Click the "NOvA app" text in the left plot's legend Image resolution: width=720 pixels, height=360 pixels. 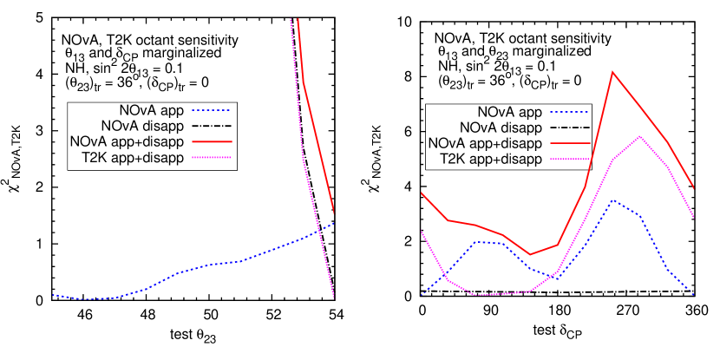pos(152,110)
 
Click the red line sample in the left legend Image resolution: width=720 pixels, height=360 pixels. pos(211,141)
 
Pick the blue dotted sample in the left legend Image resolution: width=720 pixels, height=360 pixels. pos(211,110)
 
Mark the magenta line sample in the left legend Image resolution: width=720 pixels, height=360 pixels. pos(211,157)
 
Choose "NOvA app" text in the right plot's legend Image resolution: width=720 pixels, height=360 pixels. pos(510,112)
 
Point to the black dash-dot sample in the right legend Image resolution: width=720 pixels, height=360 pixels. pos(569,128)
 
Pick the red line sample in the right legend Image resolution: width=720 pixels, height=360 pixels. pos(569,143)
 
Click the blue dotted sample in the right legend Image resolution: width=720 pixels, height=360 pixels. pos(569,112)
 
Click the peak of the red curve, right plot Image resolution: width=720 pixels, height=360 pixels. pos(613,71)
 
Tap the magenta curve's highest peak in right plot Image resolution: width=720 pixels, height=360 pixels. pos(640,136)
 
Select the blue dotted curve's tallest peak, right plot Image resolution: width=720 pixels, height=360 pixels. pos(613,200)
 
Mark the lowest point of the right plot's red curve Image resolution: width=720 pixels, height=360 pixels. pos(531,255)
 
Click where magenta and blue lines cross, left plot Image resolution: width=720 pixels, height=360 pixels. pos(319,229)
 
